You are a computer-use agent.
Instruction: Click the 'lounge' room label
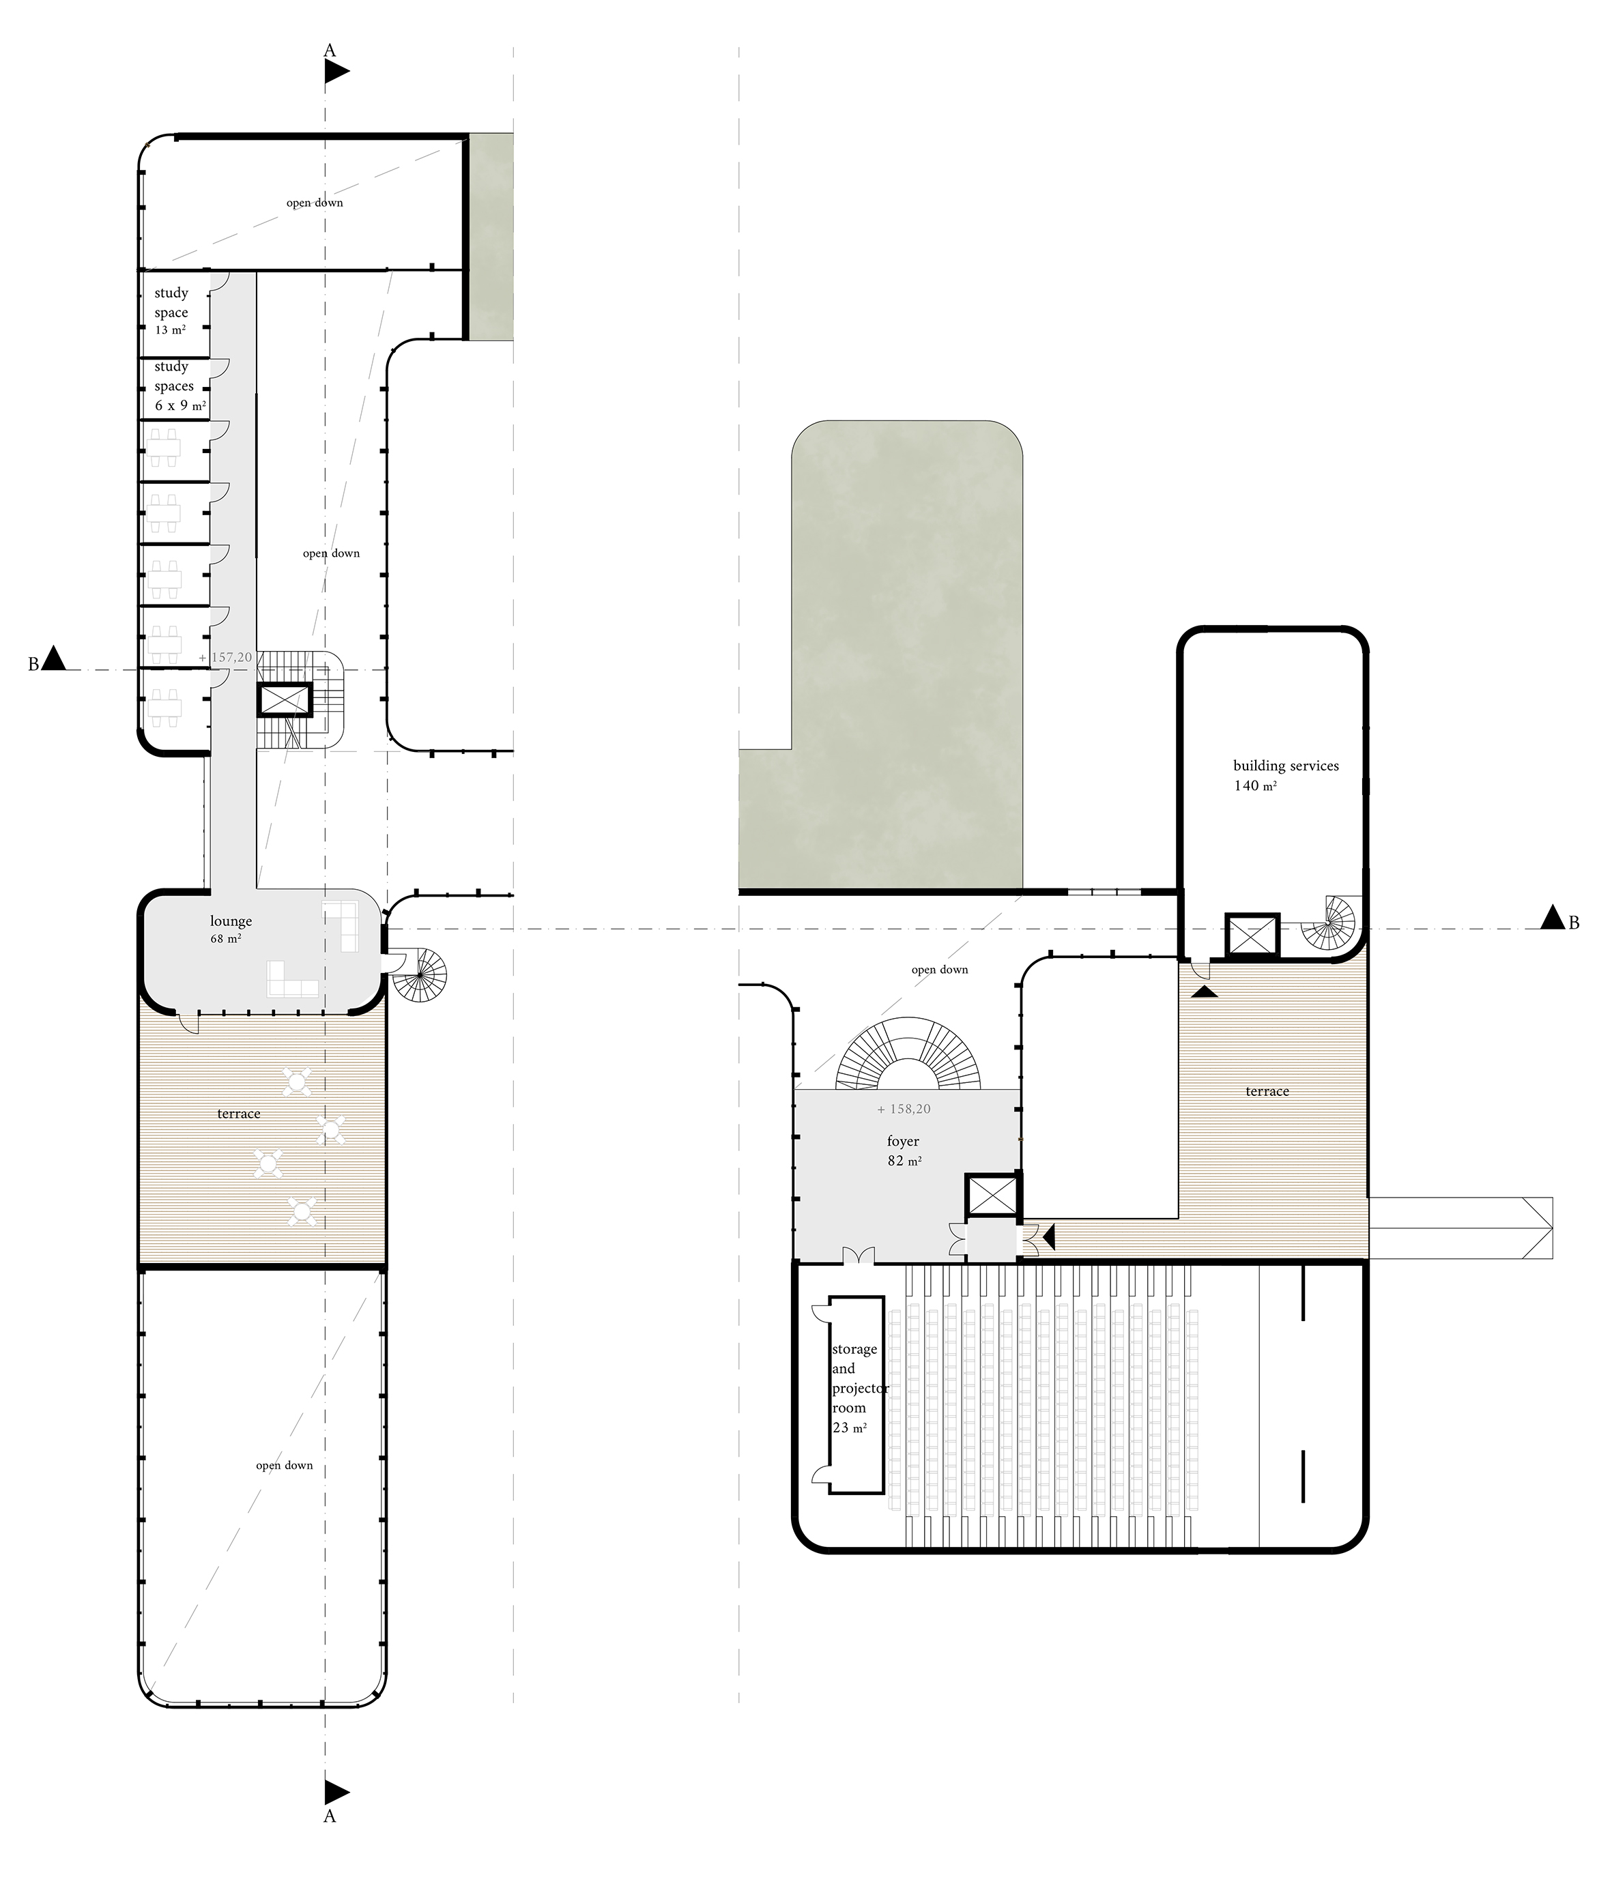[x=230, y=922]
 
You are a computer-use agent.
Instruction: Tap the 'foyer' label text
[x=903, y=1141]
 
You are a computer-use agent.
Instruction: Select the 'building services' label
[x=1286, y=766]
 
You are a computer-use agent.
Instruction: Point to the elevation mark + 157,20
[x=225, y=656]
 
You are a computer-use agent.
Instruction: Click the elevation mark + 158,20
[x=904, y=1110]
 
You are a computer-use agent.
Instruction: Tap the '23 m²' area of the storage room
[x=849, y=1428]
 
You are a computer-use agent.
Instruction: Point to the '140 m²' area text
[x=1254, y=785]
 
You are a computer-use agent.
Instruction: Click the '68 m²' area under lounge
[x=225, y=938]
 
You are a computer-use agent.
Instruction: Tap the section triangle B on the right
[x=1553, y=918]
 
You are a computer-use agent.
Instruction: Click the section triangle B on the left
[x=55, y=658]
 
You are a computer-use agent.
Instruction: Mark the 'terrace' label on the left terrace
[x=238, y=1114]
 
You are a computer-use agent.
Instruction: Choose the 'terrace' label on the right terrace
[x=1267, y=1091]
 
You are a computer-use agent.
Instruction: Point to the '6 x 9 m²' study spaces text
[x=180, y=405]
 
